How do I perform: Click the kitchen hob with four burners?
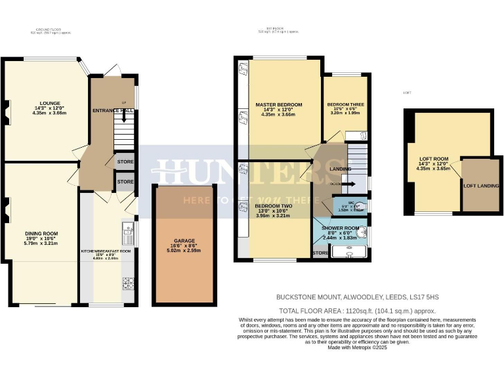click(x=128, y=283)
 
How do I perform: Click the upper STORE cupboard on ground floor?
click(x=125, y=161)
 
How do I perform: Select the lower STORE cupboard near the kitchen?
click(x=125, y=182)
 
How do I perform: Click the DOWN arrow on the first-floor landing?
click(x=347, y=184)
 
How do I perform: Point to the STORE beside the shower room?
click(x=321, y=253)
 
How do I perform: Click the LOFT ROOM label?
click(x=432, y=159)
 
